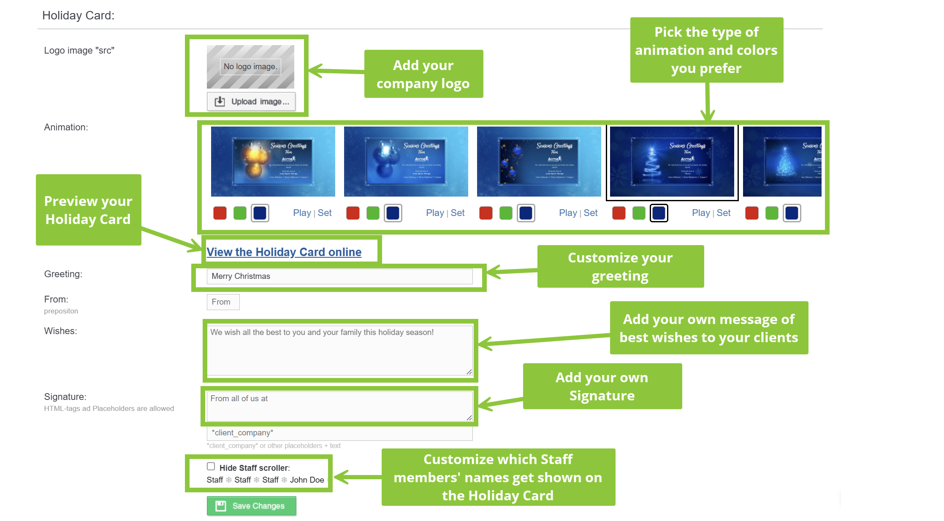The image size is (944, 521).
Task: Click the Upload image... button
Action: (251, 102)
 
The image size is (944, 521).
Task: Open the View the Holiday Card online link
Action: (284, 252)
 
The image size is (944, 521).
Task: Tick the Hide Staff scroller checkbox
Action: (211, 466)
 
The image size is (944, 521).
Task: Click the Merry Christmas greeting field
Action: (339, 276)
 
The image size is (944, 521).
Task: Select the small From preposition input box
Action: (223, 302)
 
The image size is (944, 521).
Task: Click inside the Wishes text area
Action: (339, 350)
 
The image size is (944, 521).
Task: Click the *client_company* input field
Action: (339, 433)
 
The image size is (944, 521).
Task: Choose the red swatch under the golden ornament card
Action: (220, 213)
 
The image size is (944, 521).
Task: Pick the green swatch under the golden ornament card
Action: (240, 213)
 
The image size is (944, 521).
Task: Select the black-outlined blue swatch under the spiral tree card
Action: (659, 213)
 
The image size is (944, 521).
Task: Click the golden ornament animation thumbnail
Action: (273, 162)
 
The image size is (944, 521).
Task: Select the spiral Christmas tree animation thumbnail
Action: (672, 162)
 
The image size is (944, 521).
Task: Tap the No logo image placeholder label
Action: (250, 67)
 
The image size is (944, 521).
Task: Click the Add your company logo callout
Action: (423, 74)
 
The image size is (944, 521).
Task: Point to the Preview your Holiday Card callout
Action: (88, 210)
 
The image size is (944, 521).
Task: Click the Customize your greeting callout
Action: (620, 266)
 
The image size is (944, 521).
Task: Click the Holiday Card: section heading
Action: (79, 16)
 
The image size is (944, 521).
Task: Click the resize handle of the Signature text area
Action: (469, 418)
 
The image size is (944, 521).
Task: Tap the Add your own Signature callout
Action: (602, 386)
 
